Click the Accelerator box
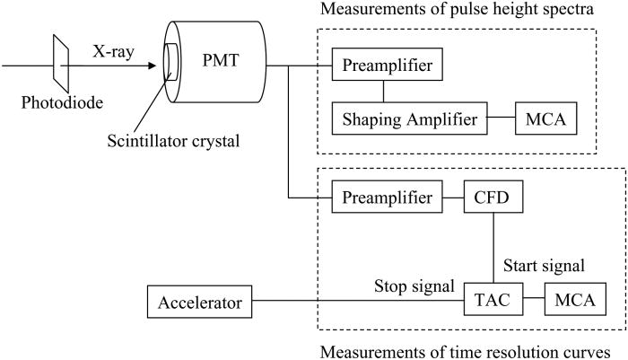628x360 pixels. click(x=199, y=303)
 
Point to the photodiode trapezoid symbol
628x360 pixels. click(x=61, y=65)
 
